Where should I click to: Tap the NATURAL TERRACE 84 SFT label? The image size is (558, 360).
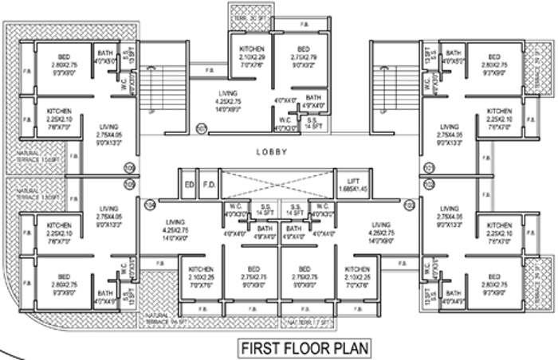point(159,320)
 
